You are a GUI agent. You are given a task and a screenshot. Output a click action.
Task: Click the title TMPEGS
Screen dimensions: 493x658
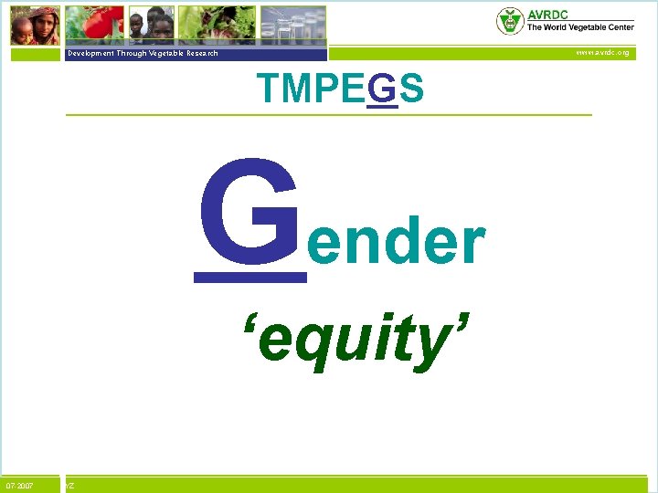coord(340,89)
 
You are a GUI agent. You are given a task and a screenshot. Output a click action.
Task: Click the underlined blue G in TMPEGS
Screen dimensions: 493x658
coord(385,89)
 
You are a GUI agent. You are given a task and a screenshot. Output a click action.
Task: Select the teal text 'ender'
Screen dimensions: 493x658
coord(395,243)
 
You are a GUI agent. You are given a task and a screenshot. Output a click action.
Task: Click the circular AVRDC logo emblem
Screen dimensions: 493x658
coord(509,21)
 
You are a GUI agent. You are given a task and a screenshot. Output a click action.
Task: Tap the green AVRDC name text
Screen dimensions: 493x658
coord(547,16)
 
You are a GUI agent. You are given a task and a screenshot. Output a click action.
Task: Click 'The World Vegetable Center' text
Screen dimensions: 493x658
coord(579,27)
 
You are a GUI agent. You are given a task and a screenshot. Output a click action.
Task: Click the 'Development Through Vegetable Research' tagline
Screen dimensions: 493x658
coord(143,53)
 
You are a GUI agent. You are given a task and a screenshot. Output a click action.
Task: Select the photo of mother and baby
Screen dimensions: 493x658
coord(35,25)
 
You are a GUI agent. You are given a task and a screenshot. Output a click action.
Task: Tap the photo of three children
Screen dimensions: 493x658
coord(151,25)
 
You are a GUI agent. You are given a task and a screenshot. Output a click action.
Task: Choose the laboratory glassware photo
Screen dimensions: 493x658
coord(292,24)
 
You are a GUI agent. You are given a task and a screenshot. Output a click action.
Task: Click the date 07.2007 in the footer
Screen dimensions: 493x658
coord(19,485)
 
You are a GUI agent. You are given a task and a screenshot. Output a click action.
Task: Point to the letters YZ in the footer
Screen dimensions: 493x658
coord(69,485)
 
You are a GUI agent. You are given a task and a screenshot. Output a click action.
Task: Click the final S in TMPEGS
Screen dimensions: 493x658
coord(411,89)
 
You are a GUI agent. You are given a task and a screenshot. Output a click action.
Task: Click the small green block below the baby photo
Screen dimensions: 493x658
coord(35,53)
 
